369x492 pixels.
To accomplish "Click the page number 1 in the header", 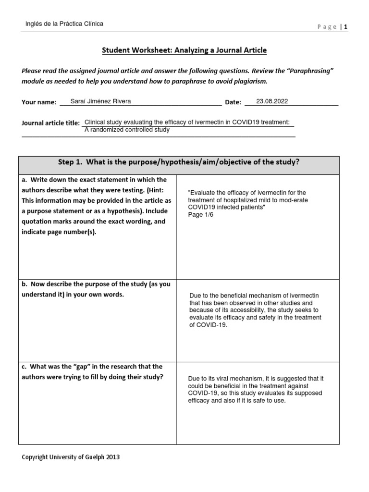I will (x=345, y=27).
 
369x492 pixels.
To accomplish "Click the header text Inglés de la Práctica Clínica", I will (x=64, y=24).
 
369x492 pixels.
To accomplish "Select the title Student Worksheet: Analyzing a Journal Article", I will (x=184, y=50).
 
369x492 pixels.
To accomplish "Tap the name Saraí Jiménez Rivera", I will (x=100, y=101).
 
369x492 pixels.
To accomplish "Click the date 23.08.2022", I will (x=272, y=101).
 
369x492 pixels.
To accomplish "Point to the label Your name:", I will (x=39, y=102).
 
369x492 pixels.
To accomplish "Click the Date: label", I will (x=233, y=102).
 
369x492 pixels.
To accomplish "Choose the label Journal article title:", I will (x=51, y=123).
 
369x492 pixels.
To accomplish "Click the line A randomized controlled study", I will (x=127, y=130).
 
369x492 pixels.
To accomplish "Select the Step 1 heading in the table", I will (x=179, y=162).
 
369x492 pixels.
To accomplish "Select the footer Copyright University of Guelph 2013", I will (x=71, y=457).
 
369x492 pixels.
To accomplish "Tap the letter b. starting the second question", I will (x=25, y=284).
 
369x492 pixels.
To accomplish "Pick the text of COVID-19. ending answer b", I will (x=208, y=325).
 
